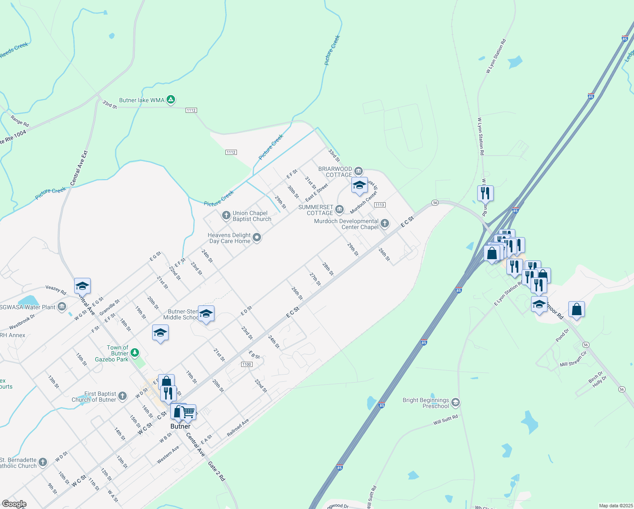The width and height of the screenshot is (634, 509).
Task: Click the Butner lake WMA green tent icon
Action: (x=170, y=100)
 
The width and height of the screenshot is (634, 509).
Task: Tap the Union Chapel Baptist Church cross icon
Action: (x=226, y=216)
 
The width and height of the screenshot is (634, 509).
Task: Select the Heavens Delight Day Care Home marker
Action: (x=257, y=238)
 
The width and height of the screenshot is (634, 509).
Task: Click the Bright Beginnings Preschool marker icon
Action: (x=455, y=403)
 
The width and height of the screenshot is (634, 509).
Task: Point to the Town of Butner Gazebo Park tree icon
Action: (x=134, y=352)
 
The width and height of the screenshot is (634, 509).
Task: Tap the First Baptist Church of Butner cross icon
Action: (x=122, y=396)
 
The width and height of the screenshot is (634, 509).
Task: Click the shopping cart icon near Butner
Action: (x=188, y=411)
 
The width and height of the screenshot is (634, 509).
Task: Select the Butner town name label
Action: (x=180, y=426)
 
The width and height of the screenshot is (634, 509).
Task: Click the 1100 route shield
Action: (x=247, y=364)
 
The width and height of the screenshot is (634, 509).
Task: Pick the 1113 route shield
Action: (x=379, y=205)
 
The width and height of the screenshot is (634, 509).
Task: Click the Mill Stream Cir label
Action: (x=573, y=359)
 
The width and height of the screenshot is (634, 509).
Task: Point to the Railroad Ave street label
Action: (x=238, y=428)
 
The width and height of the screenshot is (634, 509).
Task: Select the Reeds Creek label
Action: (x=14, y=50)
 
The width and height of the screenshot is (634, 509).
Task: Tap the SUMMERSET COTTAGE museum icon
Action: (x=339, y=210)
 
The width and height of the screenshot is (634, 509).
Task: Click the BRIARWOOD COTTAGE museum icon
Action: (x=359, y=171)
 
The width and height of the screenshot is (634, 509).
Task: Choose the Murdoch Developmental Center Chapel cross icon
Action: (x=384, y=224)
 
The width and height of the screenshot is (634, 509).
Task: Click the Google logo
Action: (x=14, y=504)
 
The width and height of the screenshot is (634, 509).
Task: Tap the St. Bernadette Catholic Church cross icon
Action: (x=43, y=462)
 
